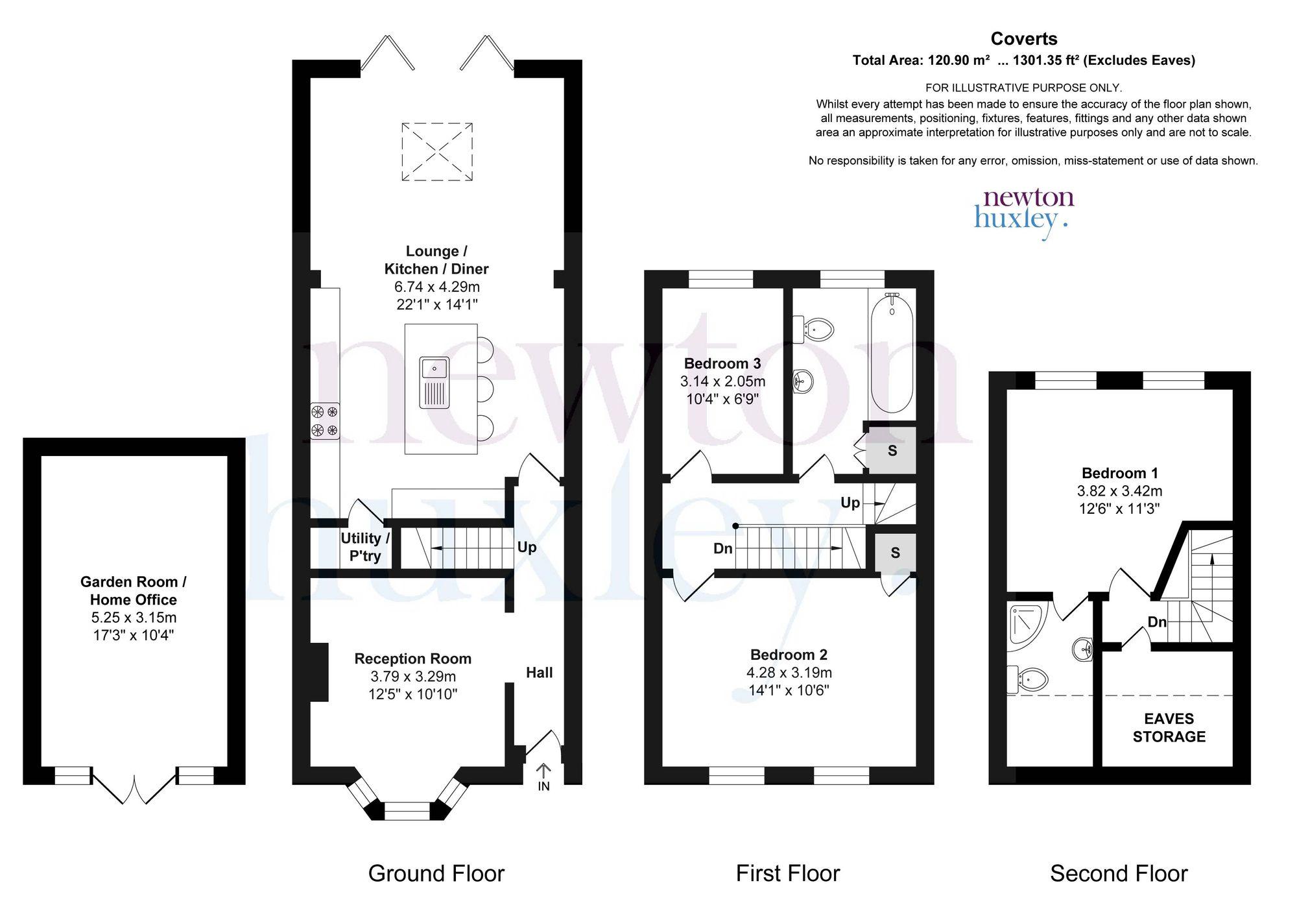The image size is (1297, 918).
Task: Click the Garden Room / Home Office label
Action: pos(133,590)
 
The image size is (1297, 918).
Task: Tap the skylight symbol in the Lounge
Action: pos(437,152)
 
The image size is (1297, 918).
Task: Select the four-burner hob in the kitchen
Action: pos(325,420)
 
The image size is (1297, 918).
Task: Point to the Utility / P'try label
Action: pos(365,547)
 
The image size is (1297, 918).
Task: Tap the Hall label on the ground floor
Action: pos(539,673)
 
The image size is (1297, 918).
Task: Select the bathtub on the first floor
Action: pos(892,353)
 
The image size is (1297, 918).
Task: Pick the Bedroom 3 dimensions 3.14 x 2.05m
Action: pos(722,381)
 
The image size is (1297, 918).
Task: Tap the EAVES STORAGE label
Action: pos(1169,727)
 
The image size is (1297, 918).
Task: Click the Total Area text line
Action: pos(1023,60)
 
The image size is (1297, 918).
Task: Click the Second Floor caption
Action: pos(1119,873)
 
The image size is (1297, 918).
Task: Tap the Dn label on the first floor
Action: pos(723,548)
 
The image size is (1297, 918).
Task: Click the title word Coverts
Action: pos(1024,39)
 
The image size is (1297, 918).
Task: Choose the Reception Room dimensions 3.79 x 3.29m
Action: pos(412,676)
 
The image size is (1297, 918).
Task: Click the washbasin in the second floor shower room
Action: pos(1083,647)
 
